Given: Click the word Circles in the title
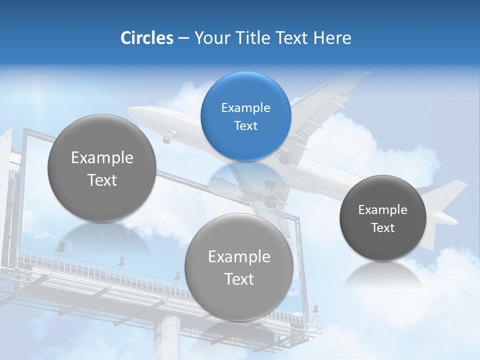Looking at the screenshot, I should click(x=146, y=38).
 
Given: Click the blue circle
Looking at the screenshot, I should click(x=245, y=116).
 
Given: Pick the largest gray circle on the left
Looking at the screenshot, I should click(x=102, y=168).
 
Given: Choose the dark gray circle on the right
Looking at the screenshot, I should click(x=382, y=218).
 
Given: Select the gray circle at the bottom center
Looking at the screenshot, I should click(x=239, y=267).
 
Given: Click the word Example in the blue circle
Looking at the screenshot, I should click(x=245, y=107).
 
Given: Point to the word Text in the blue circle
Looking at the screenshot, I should click(x=245, y=125).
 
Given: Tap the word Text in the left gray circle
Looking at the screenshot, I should click(x=102, y=180).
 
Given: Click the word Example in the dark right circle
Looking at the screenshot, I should click(x=382, y=209).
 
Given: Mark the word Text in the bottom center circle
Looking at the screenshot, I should click(x=239, y=279).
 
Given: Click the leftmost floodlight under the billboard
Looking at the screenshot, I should click(x=61, y=246).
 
